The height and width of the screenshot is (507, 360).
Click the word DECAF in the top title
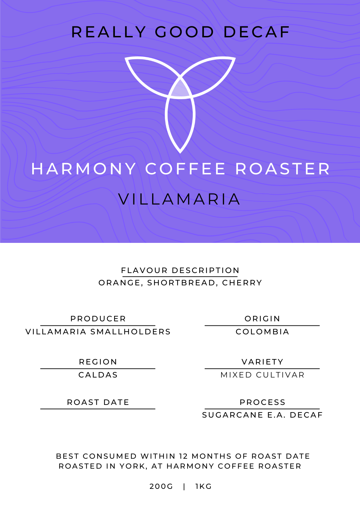(x=256, y=32)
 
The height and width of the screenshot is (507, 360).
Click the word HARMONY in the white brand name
(x=84, y=169)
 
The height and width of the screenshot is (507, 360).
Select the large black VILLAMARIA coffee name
(x=179, y=199)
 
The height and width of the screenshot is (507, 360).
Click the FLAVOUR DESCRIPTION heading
(x=180, y=270)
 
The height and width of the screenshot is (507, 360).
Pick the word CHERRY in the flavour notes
(x=242, y=283)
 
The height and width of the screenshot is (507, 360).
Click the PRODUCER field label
(x=98, y=319)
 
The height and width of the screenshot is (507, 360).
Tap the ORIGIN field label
(x=262, y=319)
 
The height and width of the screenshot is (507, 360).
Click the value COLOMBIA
(x=262, y=332)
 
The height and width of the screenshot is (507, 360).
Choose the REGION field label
(x=98, y=362)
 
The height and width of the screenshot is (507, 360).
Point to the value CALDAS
(x=98, y=375)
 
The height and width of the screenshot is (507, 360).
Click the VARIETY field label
(x=262, y=362)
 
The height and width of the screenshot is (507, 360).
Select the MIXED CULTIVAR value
(x=262, y=375)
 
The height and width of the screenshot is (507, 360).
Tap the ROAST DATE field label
(x=98, y=402)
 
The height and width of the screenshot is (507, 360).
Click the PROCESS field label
(x=262, y=402)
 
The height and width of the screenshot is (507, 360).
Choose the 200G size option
(x=161, y=486)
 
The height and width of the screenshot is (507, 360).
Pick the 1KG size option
(x=203, y=486)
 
